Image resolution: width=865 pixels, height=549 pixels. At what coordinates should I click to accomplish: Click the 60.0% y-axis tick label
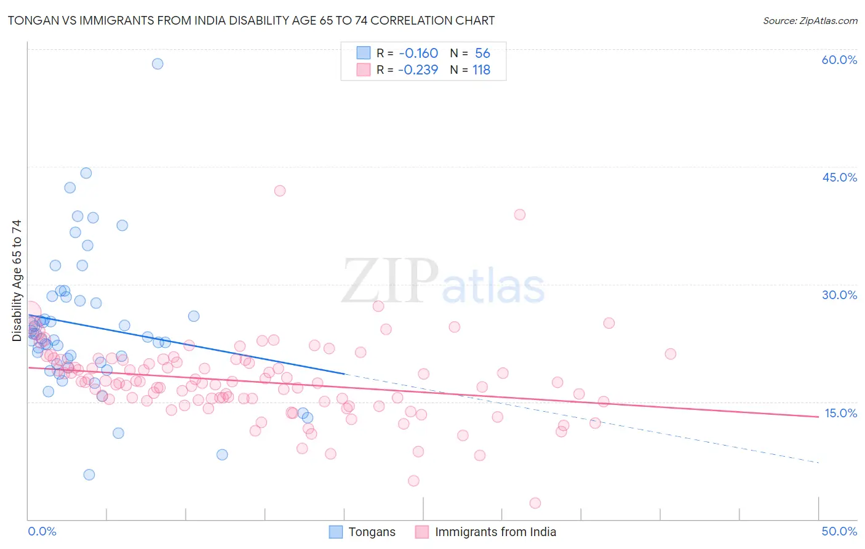(x=839, y=60)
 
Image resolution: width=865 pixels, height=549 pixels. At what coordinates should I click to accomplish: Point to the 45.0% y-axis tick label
(x=839, y=177)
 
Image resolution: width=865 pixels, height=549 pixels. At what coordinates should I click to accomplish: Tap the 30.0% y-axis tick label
(x=839, y=295)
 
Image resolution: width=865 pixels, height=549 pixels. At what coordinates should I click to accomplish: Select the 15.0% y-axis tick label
(x=840, y=413)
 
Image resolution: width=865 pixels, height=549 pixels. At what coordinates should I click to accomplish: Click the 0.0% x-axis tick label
(x=42, y=531)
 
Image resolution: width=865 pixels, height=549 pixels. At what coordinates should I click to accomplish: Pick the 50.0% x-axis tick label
(x=839, y=531)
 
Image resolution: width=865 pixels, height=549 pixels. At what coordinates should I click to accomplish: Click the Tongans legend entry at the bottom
(x=362, y=532)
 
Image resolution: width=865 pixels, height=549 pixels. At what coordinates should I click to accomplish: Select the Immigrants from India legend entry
(x=486, y=532)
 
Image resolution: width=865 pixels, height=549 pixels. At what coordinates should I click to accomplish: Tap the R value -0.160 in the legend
(x=418, y=54)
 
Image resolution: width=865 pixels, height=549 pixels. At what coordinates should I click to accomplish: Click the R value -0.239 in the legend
(x=418, y=70)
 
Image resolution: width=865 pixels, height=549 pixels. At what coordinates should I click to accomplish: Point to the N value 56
(x=482, y=54)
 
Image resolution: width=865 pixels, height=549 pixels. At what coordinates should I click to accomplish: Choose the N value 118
(x=481, y=70)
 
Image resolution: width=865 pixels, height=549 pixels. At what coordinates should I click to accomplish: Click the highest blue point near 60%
(x=157, y=63)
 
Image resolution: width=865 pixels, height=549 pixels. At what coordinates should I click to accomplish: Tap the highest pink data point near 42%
(x=280, y=191)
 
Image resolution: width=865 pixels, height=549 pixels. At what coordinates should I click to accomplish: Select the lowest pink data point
(x=535, y=503)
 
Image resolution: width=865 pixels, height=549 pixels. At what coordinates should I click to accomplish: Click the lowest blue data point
(x=89, y=475)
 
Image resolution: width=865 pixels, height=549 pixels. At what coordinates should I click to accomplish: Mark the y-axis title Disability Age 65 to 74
(x=17, y=280)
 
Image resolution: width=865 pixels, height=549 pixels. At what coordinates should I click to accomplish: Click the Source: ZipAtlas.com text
(x=810, y=21)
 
